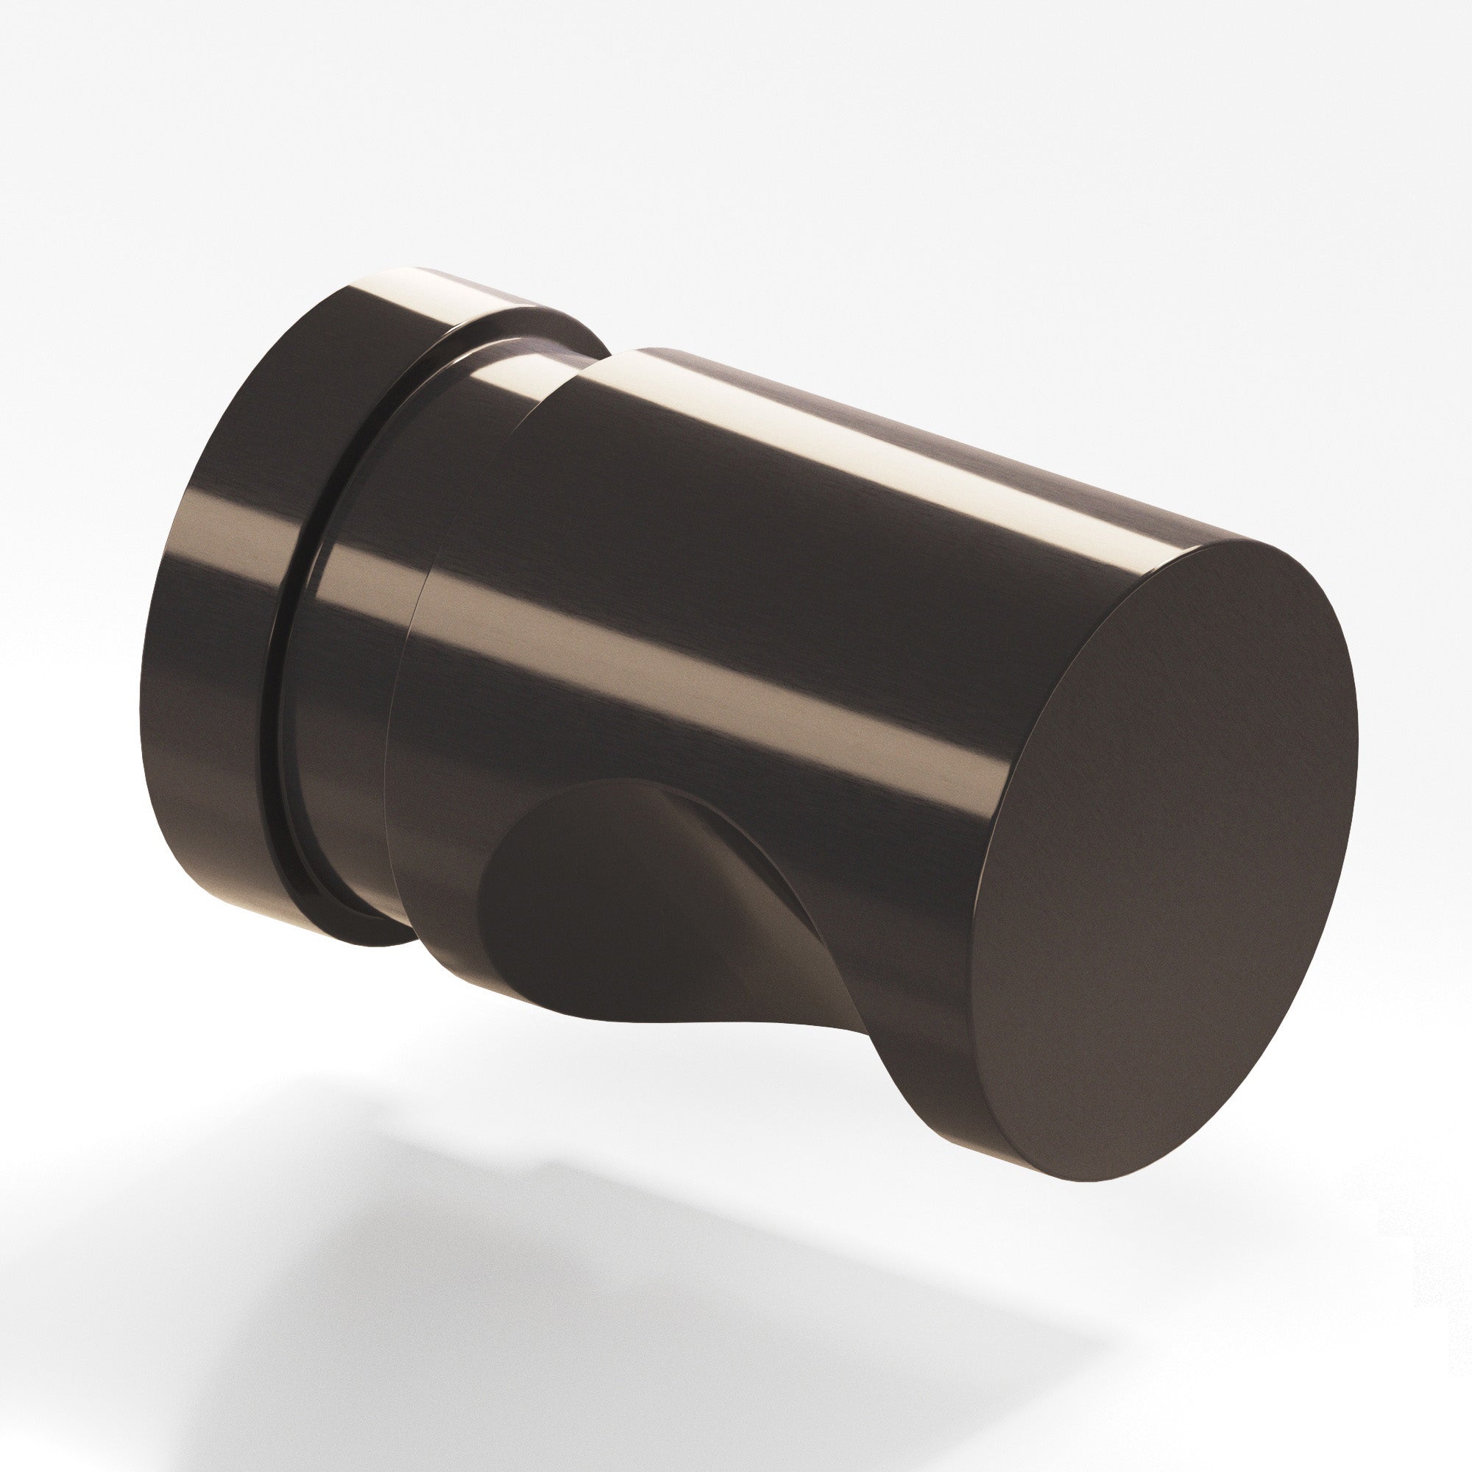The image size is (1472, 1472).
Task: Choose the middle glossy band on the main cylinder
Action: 762,670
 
